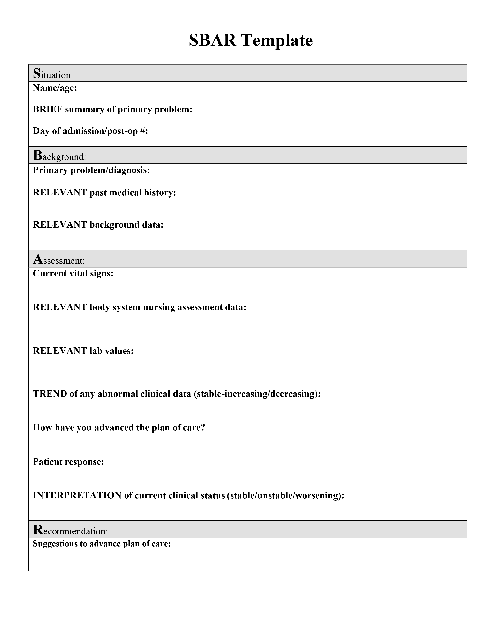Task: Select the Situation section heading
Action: [x=53, y=74]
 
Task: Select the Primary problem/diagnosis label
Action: [x=91, y=170]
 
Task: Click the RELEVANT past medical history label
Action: [x=104, y=193]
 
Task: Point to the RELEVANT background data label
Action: [x=98, y=225]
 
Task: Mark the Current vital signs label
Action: [x=73, y=274]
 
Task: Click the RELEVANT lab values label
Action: [x=83, y=351]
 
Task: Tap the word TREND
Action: [x=50, y=394]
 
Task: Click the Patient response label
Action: [x=68, y=462]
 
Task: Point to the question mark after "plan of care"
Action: [x=202, y=427]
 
